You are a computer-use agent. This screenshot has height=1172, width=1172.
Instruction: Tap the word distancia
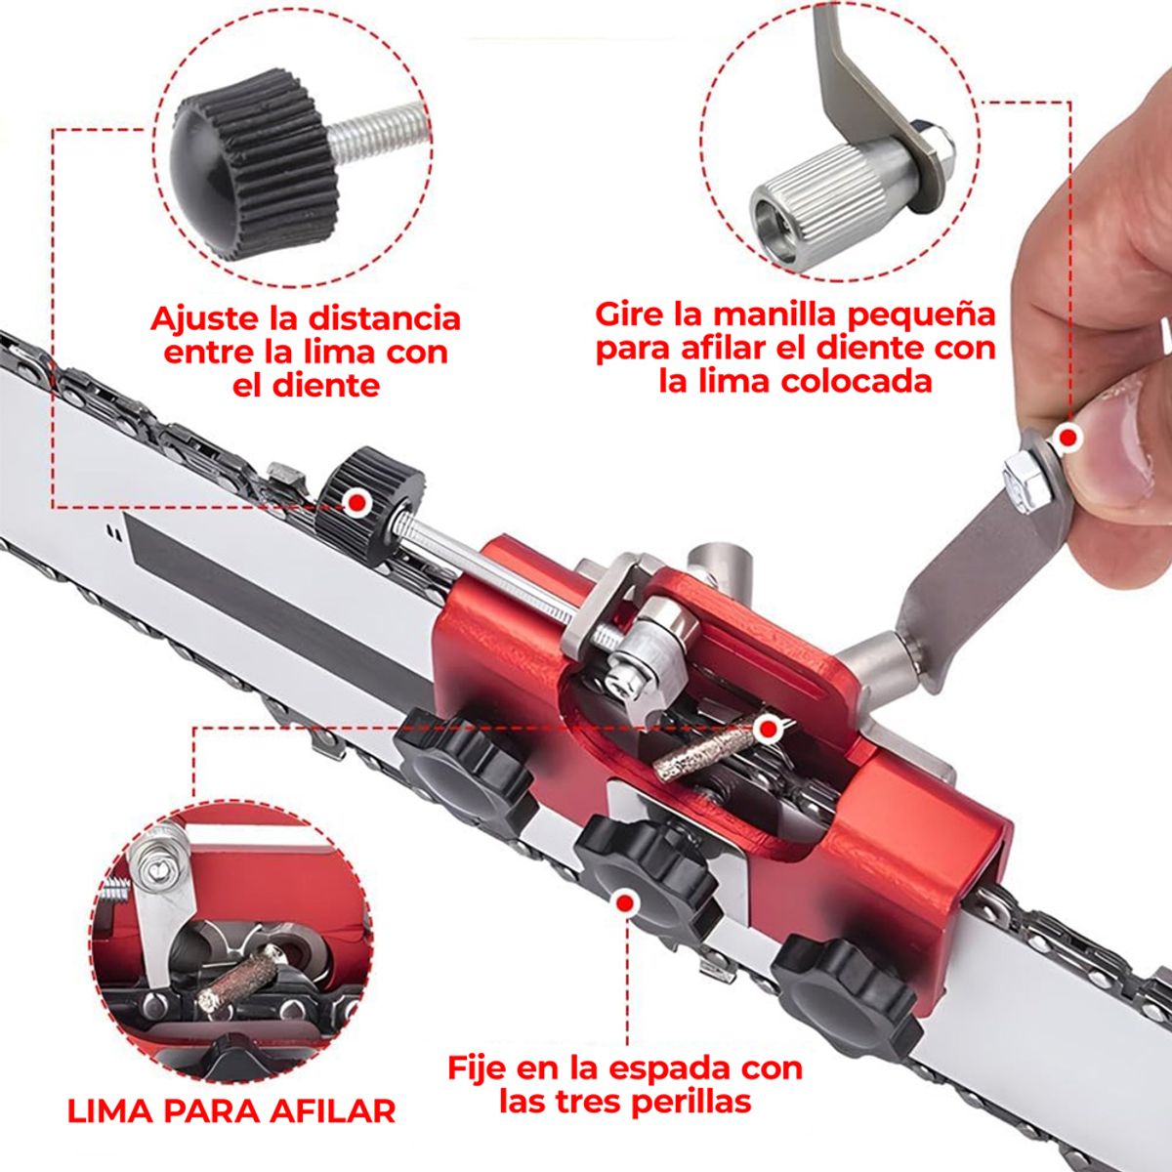(384, 319)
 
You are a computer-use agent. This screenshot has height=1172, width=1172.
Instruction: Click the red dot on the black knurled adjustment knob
(357, 502)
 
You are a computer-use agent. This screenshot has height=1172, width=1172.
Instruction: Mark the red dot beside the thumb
(1069, 438)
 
